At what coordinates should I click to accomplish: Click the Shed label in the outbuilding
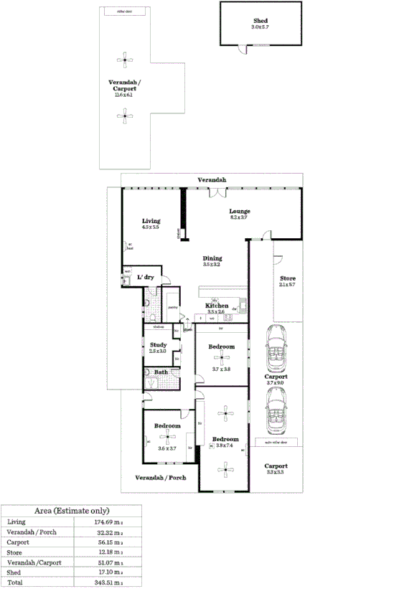(x=259, y=21)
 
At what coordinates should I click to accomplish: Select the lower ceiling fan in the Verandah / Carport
(x=125, y=115)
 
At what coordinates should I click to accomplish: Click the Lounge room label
(x=239, y=212)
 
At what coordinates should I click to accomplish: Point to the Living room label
(x=150, y=221)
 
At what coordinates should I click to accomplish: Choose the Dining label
(x=212, y=258)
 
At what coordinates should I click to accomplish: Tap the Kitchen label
(x=217, y=306)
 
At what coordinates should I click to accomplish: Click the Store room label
(x=287, y=278)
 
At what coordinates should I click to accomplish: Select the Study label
(x=158, y=345)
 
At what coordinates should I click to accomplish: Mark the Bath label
(x=161, y=372)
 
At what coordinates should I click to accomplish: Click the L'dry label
(x=146, y=277)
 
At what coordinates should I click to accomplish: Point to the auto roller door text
(x=276, y=443)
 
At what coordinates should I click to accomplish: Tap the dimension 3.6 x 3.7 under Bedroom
(x=167, y=448)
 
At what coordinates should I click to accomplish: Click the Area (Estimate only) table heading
(x=72, y=511)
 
